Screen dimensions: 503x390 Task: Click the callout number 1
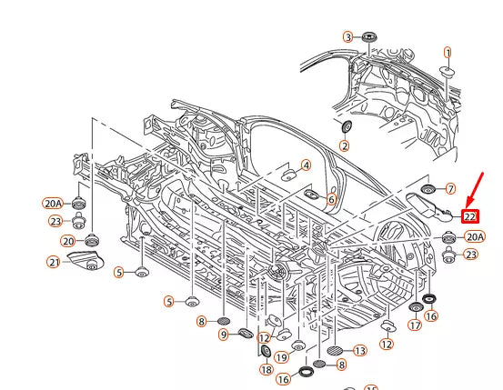[x=448, y=53]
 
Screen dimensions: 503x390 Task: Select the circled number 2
[x=345, y=146]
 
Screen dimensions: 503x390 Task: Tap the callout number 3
[x=348, y=37]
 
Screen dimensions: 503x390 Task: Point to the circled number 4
[x=307, y=165]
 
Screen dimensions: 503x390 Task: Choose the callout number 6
[x=331, y=199]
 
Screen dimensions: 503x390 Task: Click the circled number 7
[x=451, y=189]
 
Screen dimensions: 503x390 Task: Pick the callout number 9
[x=224, y=335]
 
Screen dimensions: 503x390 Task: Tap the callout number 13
[x=360, y=351]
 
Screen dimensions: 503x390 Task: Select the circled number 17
[x=415, y=325]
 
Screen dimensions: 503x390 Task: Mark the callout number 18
[x=267, y=370]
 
